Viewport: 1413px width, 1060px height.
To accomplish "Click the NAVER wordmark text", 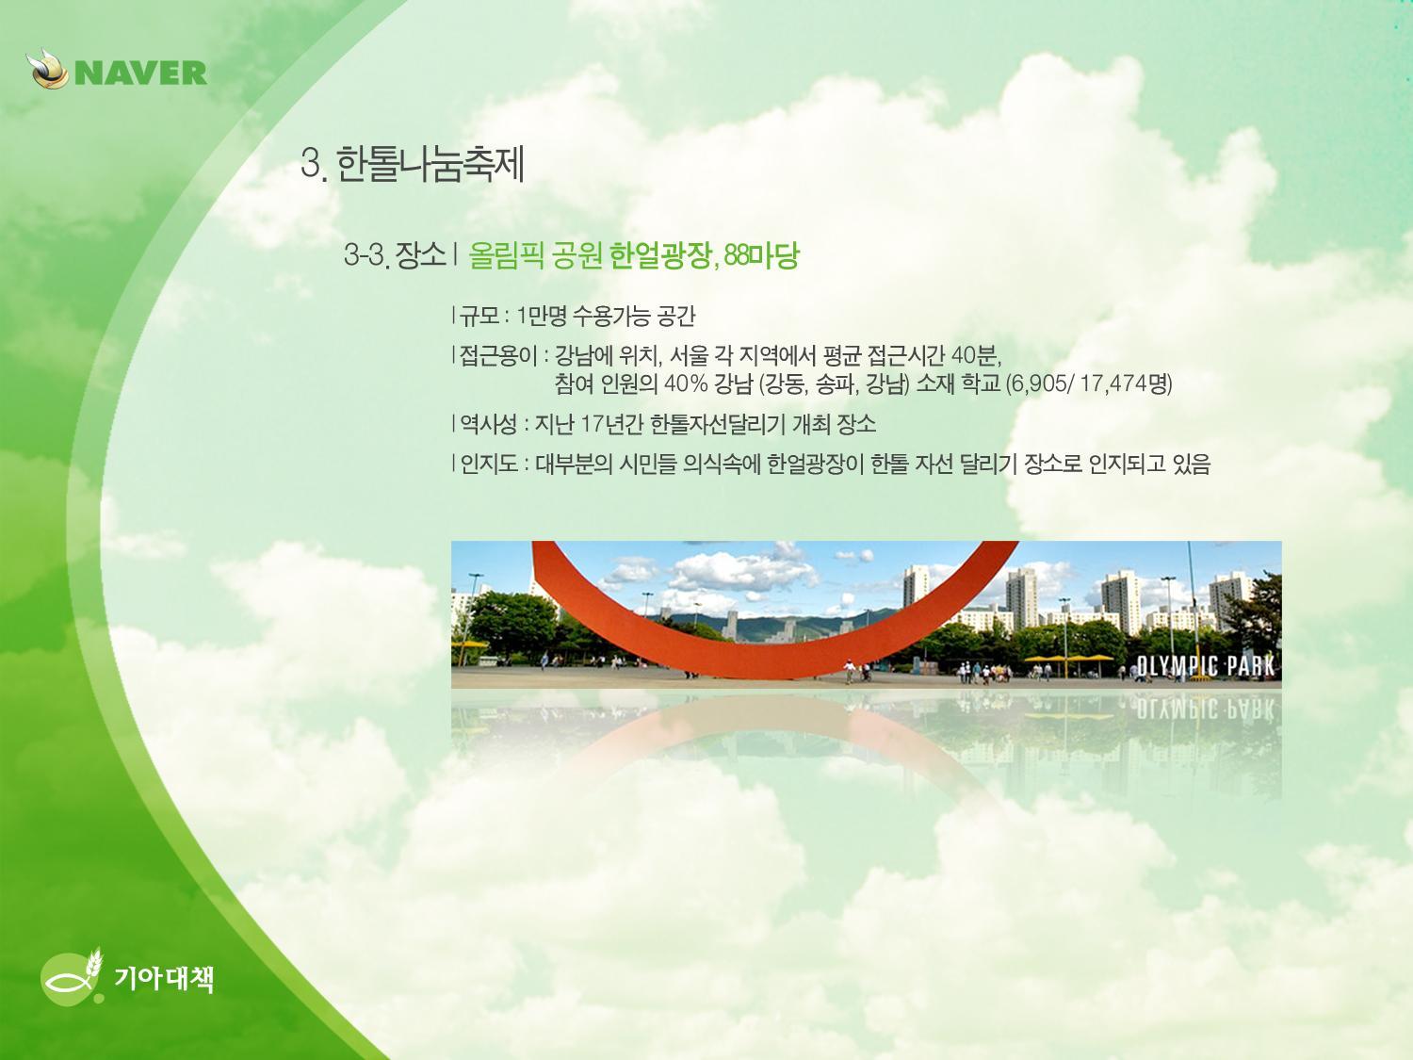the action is (x=141, y=73).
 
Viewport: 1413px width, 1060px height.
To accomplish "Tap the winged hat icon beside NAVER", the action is (x=48, y=70).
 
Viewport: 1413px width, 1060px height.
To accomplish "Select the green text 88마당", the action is (x=761, y=255).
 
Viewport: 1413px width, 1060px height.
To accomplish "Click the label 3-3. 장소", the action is (x=395, y=255).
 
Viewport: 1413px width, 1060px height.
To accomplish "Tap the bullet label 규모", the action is (x=479, y=316).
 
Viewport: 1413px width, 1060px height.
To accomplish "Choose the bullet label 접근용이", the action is (x=498, y=355).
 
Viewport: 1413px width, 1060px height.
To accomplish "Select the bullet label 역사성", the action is (x=489, y=424).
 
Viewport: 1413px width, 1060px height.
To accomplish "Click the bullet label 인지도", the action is (x=489, y=464).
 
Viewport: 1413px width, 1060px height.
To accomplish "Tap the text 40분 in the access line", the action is (x=974, y=355).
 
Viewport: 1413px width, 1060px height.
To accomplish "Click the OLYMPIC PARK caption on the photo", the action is (x=1205, y=666).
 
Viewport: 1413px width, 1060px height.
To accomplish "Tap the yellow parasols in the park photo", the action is (x=1068, y=659).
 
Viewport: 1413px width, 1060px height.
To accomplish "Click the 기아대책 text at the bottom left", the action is (x=164, y=978).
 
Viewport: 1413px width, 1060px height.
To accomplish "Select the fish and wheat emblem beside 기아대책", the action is (x=73, y=975).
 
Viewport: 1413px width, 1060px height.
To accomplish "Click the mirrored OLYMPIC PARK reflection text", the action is (x=1205, y=709).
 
